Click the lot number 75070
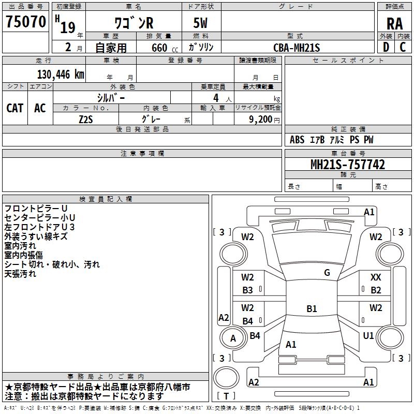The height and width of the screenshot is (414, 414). (x=26, y=21)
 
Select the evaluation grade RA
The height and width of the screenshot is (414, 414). (x=394, y=24)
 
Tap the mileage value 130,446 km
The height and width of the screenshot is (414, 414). (x=61, y=75)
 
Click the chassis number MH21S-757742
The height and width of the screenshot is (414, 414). (x=348, y=164)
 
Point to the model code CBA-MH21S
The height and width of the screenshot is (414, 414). (x=297, y=48)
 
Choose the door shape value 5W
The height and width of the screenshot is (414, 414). (x=200, y=23)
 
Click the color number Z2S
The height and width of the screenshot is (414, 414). (x=86, y=120)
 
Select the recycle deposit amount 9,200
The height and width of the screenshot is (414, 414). (x=260, y=120)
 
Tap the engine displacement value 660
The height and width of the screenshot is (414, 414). (x=159, y=48)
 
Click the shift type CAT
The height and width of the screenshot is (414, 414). (x=15, y=108)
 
